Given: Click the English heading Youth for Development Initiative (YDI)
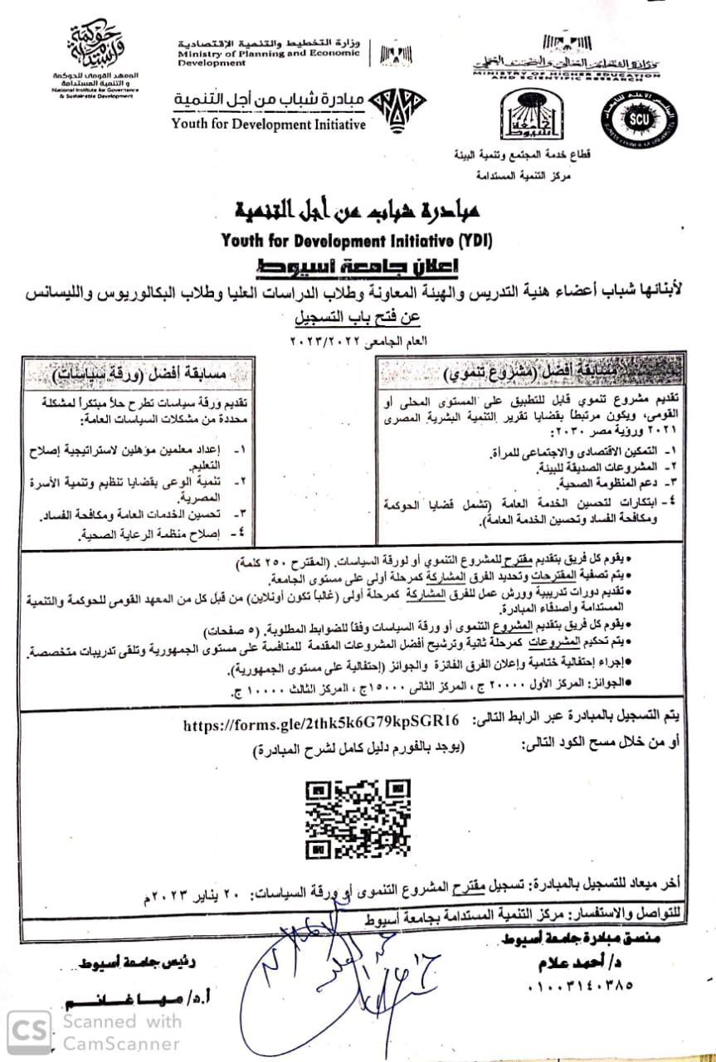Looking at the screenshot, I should [x=357, y=241].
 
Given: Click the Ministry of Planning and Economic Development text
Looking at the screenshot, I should [x=267, y=52].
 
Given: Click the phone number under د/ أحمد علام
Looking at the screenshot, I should [x=578, y=987].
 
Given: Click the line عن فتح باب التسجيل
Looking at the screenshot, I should [x=358, y=317].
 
